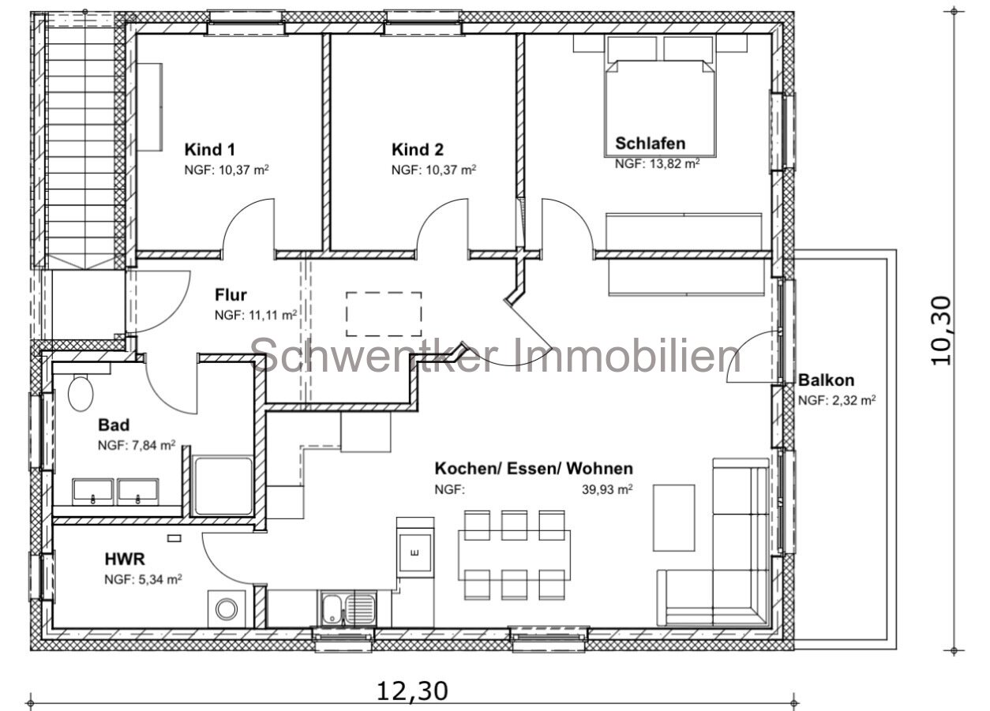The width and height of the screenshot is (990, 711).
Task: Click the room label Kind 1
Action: [x=209, y=149]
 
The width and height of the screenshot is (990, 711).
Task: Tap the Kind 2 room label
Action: [x=417, y=149]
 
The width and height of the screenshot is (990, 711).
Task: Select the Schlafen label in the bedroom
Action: [x=650, y=144]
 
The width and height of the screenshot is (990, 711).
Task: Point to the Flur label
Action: [x=231, y=295]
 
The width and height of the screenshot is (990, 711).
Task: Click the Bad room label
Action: [x=114, y=425]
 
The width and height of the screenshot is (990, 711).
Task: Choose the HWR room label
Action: [x=125, y=559]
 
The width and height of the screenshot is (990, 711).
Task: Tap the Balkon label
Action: [x=825, y=380]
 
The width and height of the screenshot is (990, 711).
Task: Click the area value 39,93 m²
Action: [x=607, y=489]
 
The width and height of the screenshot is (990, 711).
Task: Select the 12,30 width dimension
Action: [x=411, y=690]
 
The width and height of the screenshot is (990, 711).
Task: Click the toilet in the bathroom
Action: [x=81, y=392]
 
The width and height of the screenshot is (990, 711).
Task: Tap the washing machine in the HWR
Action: [x=227, y=608]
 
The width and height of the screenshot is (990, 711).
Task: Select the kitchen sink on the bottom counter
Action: [x=348, y=608]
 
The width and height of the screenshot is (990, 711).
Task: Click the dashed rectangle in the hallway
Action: [x=383, y=314]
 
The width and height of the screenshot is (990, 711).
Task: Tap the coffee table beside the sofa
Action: [x=673, y=518]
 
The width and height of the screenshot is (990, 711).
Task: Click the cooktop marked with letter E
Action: [x=414, y=551]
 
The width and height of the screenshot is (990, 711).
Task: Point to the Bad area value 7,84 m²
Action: [x=136, y=445]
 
